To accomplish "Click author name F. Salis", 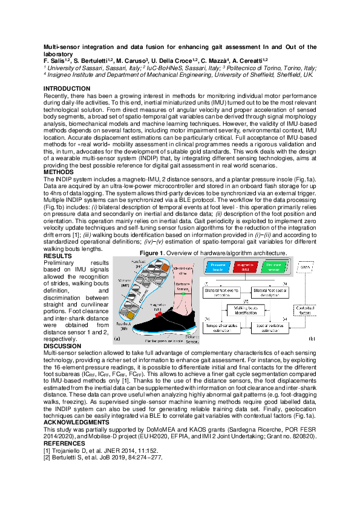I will tap(57, 60).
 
